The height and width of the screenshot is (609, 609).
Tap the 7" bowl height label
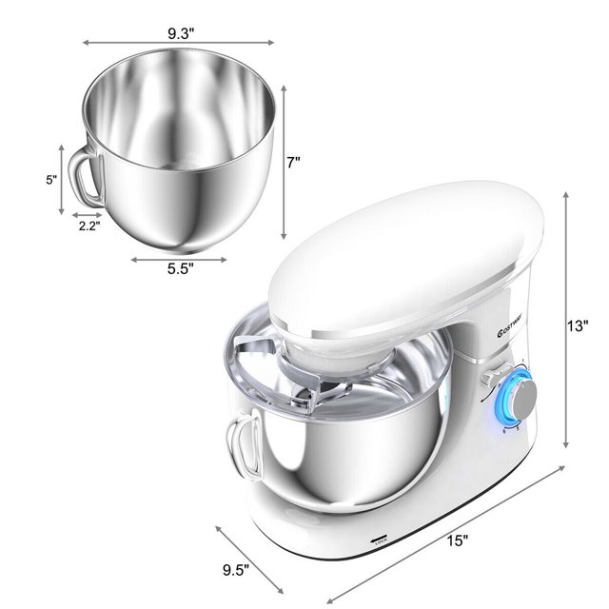[x=293, y=163]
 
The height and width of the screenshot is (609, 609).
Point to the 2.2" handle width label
[x=89, y=227]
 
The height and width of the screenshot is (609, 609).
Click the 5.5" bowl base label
[x=179, y=268]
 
